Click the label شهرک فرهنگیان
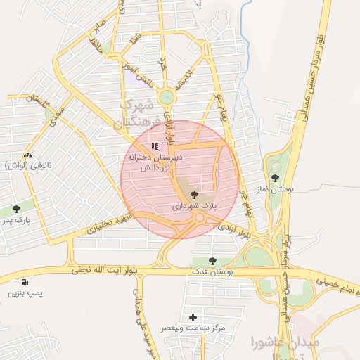pos(136,112)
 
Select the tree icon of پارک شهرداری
pos(194,195)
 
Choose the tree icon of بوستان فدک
pos(212,261)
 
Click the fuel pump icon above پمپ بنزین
pos(26,281)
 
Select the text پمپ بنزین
pos(21,292)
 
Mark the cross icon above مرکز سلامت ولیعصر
pos(193,317)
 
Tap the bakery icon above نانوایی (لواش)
pos(27,155)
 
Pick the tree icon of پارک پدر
pos(16,209)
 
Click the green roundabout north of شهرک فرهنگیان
pos(167,98)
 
